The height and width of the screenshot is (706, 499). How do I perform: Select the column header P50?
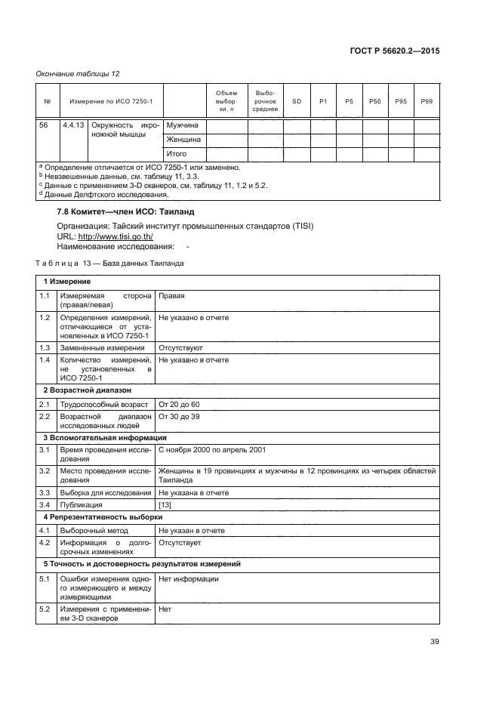pyautogui.click(x=375, y=101)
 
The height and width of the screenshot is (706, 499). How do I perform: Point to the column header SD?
pyautogui.click(x=297, y=101)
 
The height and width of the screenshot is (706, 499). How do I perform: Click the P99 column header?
pyautogui.click(x=427, y=101)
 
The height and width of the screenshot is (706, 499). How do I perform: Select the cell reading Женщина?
pyautogui.click(x=183, y=140)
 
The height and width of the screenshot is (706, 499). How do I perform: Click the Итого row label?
pyautogui.click(x=177, y=154)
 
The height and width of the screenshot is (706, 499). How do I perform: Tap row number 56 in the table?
pyautogui.click(x=44, y=125)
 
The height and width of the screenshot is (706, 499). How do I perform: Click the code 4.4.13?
pyautogui.click(x=74, y=125)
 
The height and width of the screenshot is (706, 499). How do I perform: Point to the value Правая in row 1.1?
pyautogui.click(x=172, y=297)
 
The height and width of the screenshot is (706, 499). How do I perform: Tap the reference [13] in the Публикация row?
pyautogui.click(x=165, y=504)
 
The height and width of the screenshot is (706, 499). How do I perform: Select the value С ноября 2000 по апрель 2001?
pyautogui.click(x=211, y=450)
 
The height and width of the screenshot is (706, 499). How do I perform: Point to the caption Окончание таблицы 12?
pyautogui.click(x=79, y=73)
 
